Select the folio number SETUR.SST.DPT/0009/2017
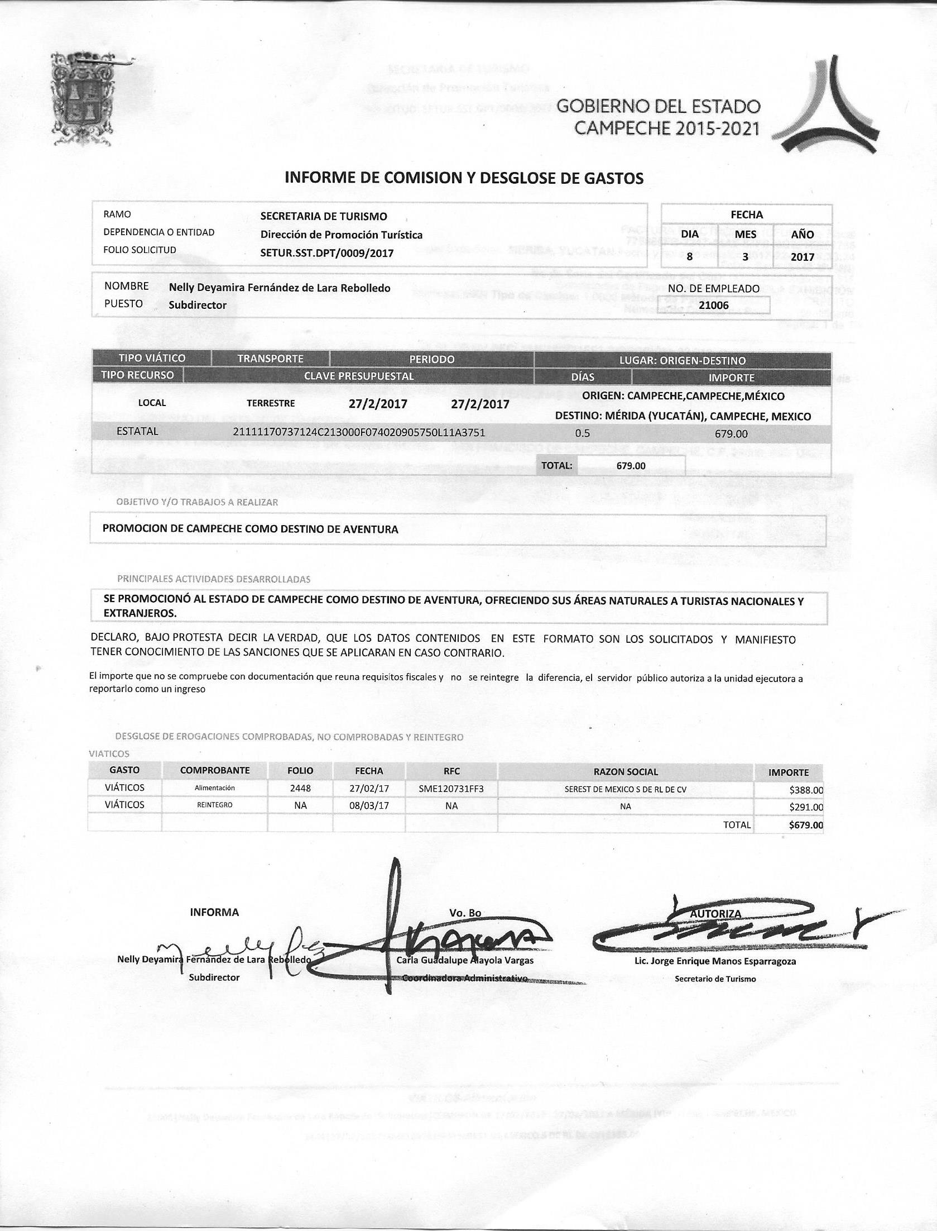point(326,253)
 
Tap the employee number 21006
point(714,306)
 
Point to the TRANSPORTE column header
point(270,359)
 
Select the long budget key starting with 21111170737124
point(359,432)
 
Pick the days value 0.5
point(582,433)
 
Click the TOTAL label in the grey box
point(556,465)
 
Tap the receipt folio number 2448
point(300,788)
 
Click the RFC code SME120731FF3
point(451,789)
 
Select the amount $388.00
point(805,790)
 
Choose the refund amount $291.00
point(805,807)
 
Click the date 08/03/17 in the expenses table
point(369,806)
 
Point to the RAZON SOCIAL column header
point(626,772)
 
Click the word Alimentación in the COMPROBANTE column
point(214,788)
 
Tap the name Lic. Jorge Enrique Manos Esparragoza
point(714,961)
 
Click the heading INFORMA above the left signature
point(214,912)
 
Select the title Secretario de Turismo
point(715,979)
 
